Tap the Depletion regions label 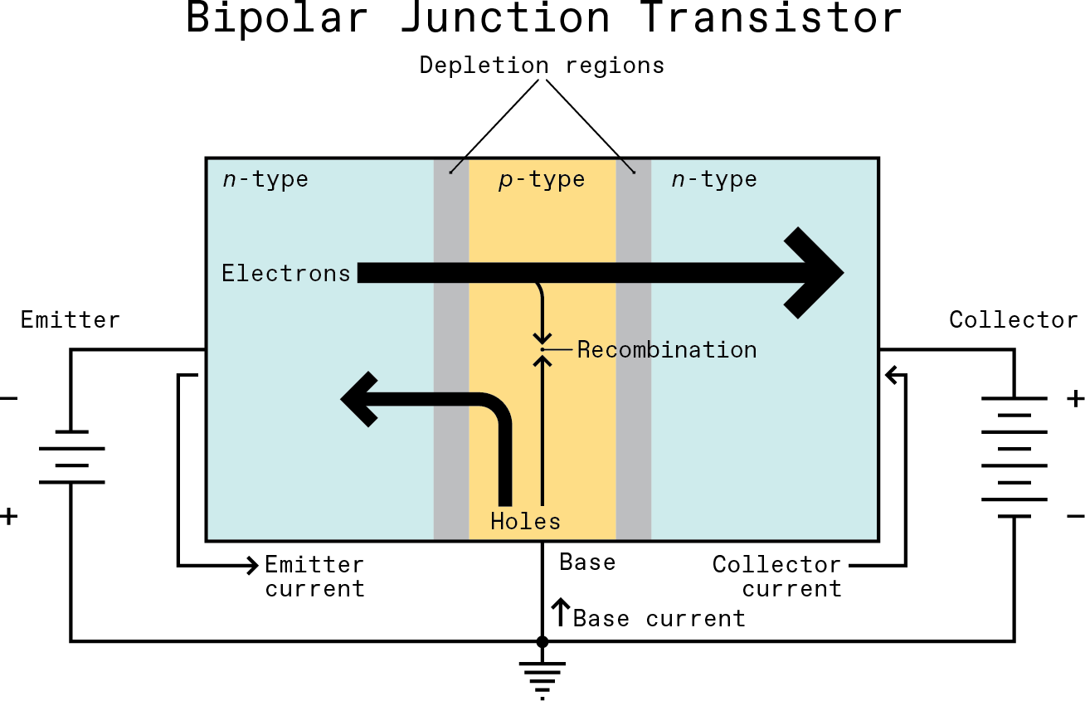[x=542, y=65]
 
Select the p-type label [x=542, y=179]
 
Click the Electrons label [x=286, y=273]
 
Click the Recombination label [x=667, y=350]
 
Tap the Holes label [x=525, y=521]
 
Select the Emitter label [x=71, y=319]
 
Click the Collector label [x=1014, y=319]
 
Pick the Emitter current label [x=314, y=577]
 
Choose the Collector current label [x=777, y=577]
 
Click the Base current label [x=659, y=619]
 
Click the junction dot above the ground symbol [x=542, y=641]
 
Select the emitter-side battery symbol [x=71, y=456]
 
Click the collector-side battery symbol [x=1014, y=457]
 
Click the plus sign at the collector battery [x=1075, y=399]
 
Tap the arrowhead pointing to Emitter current [x=252, y=566]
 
